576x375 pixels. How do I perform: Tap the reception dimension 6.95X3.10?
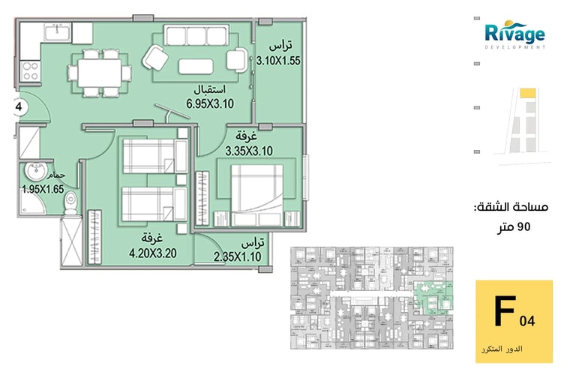point(210,104)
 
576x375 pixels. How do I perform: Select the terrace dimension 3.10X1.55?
point(278,60)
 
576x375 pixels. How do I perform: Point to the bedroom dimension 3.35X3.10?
point(249,151)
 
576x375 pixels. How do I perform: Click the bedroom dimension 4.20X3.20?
point(153,253)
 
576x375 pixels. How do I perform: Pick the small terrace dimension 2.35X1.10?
point(237,256)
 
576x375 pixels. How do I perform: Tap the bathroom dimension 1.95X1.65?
point(43,189)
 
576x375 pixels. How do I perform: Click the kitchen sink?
point(58,32)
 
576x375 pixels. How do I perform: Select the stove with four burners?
point(30,71)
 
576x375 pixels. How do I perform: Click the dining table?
point(99,73)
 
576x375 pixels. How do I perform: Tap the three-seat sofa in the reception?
point(196,35)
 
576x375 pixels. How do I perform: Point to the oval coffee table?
point(196,67)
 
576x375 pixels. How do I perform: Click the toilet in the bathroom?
point(70,203)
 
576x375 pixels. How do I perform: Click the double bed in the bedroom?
point(256,195)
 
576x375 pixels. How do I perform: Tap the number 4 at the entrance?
point(19,107)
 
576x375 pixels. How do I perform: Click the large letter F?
point(505,310)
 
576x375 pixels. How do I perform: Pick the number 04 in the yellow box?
point(527,322)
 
